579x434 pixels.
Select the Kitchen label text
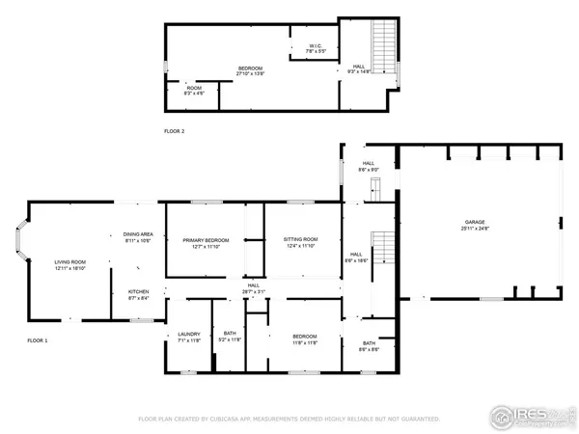pyautogui.click(x=138, y=292)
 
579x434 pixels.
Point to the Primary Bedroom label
pyautogui.click(x=206, y=240)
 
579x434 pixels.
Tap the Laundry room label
pyautogui.click(x=188, y=335)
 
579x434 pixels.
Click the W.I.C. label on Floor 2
pyautogui.click(x=316, y=45)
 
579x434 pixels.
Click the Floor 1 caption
pyautogui.click(x=38, y=340)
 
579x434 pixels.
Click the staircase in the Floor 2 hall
pyautogui.click(x=384, y=43)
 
